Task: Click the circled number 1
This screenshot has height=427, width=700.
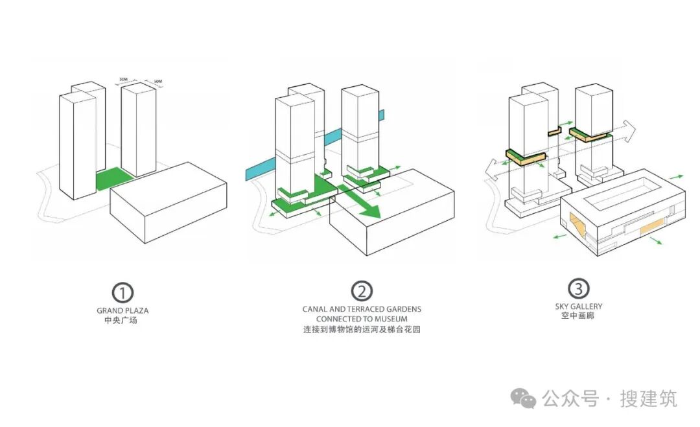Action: click(122, 292)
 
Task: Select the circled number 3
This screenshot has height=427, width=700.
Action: click(578, 288)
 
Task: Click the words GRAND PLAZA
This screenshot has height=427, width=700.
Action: click(122, 311)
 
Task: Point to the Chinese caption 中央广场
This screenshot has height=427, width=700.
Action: click(122, 321)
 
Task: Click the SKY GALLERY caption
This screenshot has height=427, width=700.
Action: click(578, 306)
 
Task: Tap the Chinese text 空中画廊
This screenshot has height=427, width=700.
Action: click(578, 316)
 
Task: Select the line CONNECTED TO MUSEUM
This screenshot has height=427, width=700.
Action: click(362, 319)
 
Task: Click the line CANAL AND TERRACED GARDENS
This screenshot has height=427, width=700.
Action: click(362, 309)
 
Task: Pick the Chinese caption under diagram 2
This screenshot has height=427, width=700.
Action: click(362, 330)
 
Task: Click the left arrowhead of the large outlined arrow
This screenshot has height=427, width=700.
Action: click(493, 170)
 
